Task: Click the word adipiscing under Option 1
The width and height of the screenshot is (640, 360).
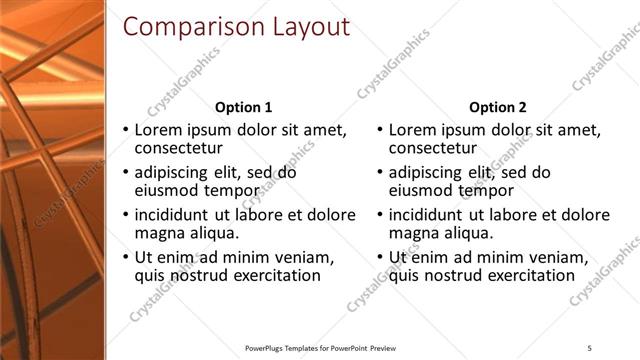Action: point(179,172)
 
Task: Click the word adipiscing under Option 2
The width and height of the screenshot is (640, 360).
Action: point(433,172)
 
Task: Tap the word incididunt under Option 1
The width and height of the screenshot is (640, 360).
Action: point(177,215)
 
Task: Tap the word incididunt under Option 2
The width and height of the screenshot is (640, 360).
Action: point(431,215)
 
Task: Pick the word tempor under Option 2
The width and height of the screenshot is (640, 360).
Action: point(492,190)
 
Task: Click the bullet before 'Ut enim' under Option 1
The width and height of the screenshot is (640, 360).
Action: point(124,258)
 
